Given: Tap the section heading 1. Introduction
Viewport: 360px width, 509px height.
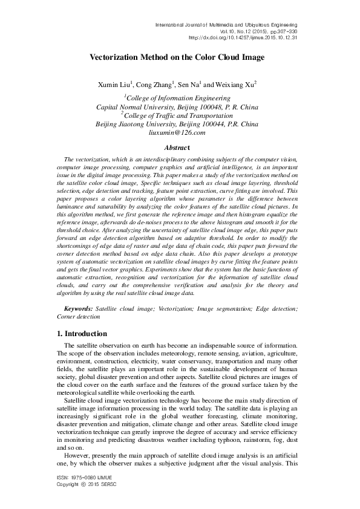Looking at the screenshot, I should click(82, 334).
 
